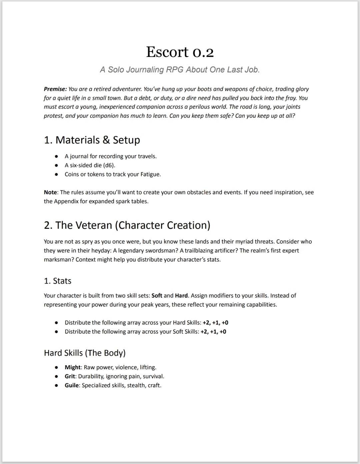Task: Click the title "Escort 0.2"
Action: [x=180, y=52]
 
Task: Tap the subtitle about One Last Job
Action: [x=180, y=70]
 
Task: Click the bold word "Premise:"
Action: [x=55, y=89]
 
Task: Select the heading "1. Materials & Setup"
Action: [x=92, y=140]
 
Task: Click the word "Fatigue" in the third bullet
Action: [x=150, y=174]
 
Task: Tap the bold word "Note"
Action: [x=50, y=192]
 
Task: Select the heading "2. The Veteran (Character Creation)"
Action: [x=127, y=225]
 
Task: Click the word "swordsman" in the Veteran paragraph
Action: [x=159, y=251]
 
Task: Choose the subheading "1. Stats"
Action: [x=58, y=281]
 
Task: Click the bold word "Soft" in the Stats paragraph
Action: [x=157, y=296]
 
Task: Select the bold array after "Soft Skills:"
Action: [x=213, y=332]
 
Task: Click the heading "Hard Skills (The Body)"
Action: [x=85, y=353]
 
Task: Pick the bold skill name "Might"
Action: [x=73, y=367]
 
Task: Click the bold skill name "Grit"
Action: [x=70, y=376]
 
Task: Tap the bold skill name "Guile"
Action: [x=72, y=385]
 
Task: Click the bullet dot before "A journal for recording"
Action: [x=57, y=156]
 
